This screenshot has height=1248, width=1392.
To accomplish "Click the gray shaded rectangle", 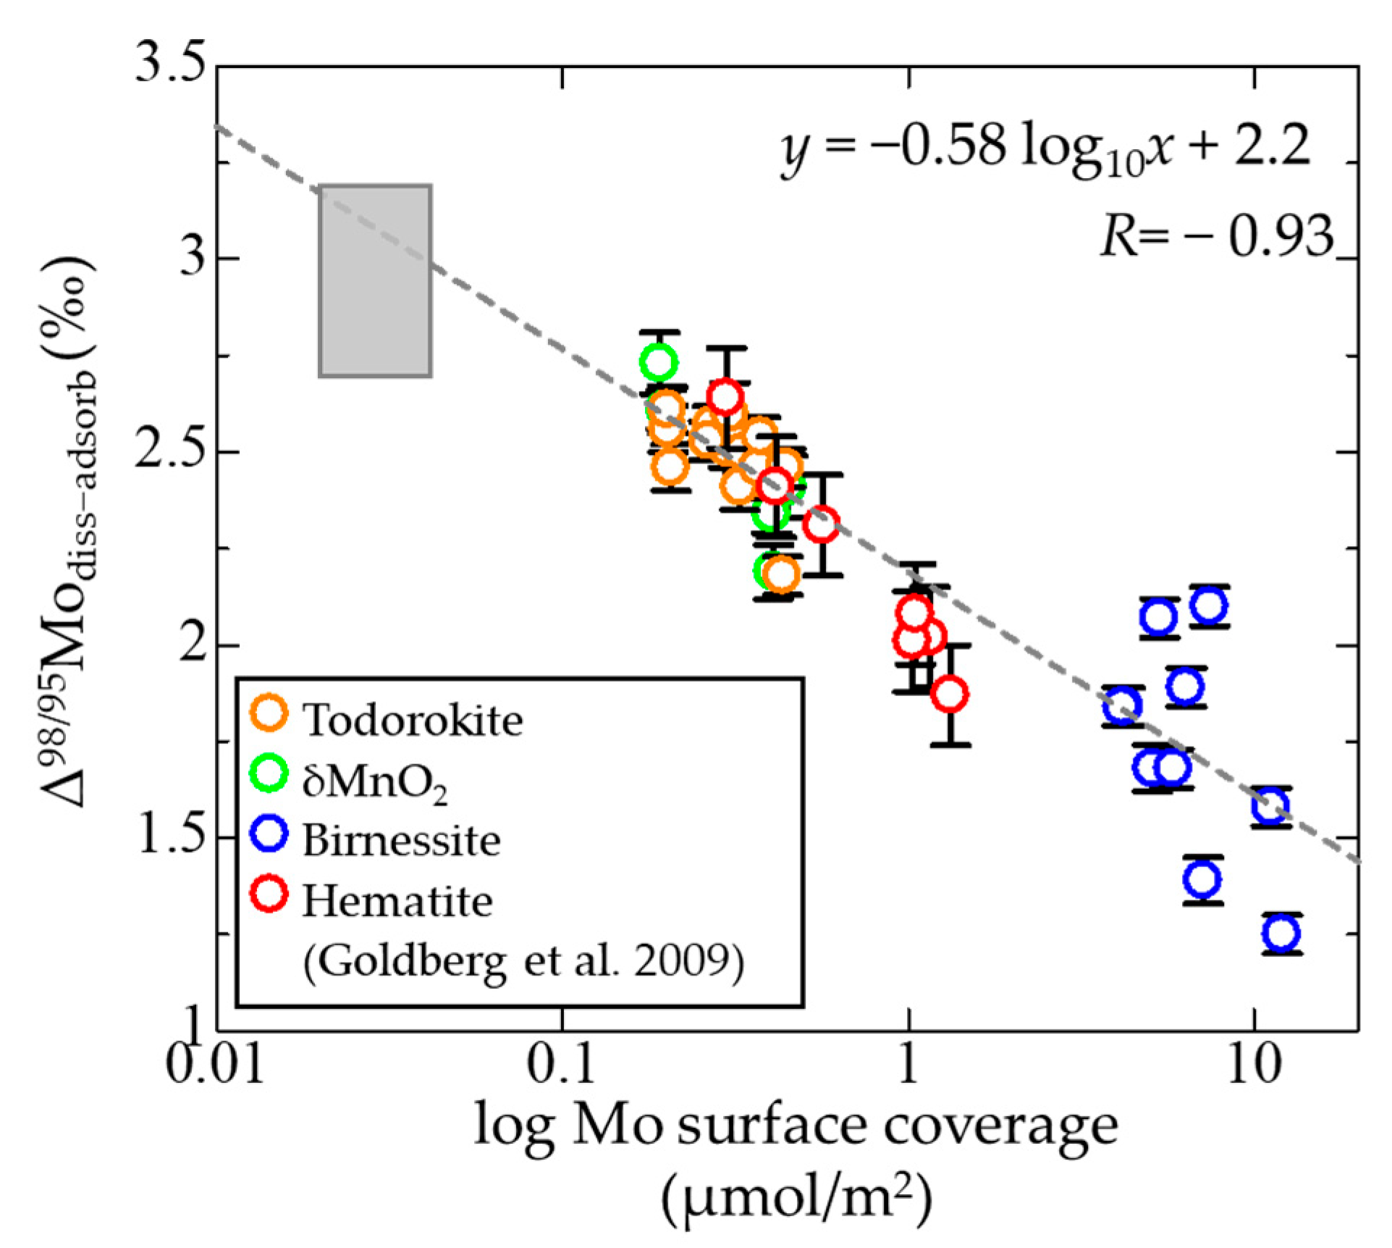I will [375, 281].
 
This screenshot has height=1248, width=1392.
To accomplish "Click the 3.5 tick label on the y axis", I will [170, 65].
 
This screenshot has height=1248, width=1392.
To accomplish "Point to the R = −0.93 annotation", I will [1216, 235].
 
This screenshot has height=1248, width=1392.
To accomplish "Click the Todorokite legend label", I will [413, 721].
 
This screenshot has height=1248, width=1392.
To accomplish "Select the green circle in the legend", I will [269, 772].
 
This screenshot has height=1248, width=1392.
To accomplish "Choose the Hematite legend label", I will [397, 902].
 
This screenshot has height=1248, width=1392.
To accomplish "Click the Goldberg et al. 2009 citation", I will [523, 962].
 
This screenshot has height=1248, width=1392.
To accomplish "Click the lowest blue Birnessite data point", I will [1281, 933].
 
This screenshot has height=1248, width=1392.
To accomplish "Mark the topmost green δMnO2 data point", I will [658, 361].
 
